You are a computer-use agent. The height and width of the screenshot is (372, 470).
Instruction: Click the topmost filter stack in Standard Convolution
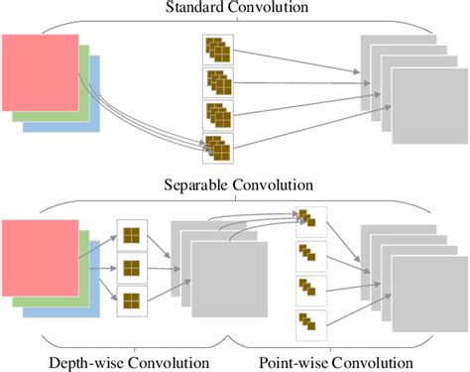point(217,49)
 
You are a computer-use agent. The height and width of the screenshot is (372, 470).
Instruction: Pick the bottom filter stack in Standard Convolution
point(217,147)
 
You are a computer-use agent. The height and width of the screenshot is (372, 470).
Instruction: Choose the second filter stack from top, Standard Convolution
point(217,81)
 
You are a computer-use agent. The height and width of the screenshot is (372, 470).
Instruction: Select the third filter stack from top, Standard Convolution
point(217,114)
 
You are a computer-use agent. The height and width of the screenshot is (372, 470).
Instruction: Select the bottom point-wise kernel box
point(308,323)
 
